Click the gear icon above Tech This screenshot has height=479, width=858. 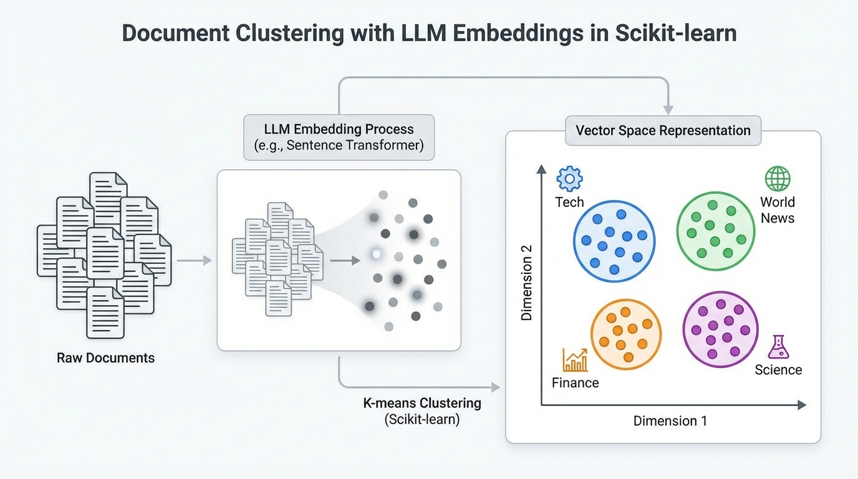tap(569, 178)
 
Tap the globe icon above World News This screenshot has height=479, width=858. tap(778, 178)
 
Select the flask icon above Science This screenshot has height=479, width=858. tap(778, 347)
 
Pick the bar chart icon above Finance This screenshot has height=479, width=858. tap(575, 360)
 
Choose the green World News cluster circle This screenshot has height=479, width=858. tap(716, 231)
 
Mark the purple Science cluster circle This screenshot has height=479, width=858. tap(720, 329)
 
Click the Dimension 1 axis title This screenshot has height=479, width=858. tap(670, 421)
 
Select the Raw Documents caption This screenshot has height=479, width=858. tap(105, 358)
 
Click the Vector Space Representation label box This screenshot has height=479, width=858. tap(663, 130)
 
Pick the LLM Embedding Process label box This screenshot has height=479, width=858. tap(339, 137)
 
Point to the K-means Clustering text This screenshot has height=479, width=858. tap(422, 403)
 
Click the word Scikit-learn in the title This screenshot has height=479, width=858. tap(675, 33)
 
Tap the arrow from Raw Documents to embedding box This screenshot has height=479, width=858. tap(195, 260)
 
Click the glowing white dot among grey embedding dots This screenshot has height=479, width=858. tap(376, 254)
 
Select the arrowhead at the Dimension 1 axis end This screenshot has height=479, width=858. tap(801, 405)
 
